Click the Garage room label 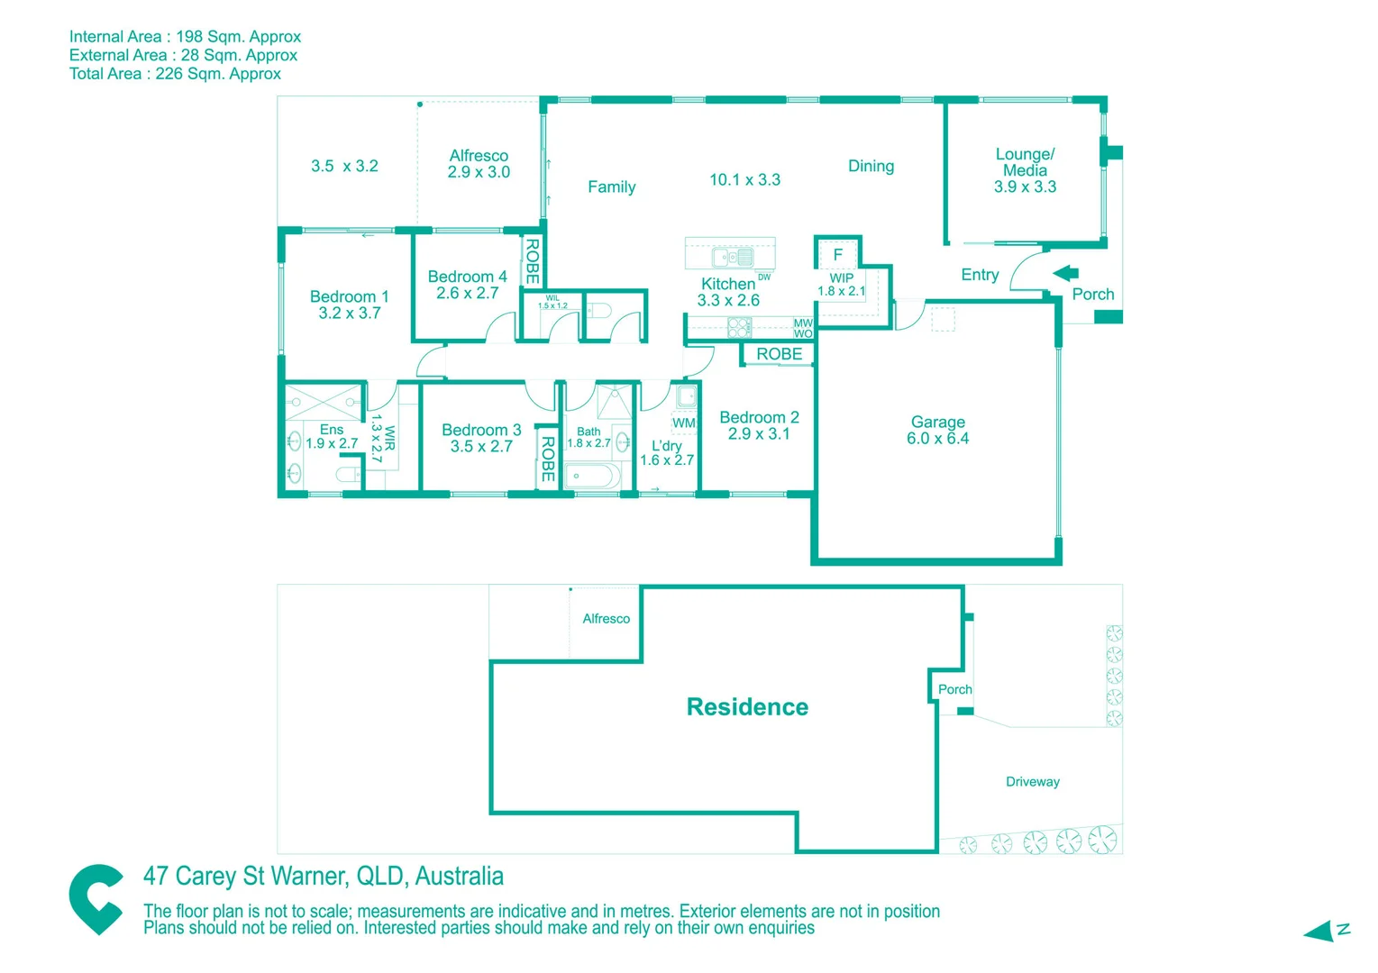(937, 430)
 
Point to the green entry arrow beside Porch (1066, 273)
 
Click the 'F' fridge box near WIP (838, 255)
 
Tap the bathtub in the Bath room (590, 476)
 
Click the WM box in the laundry (684, 423)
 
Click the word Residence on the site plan (747, 707)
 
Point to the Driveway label (1032, 782)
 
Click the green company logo (96, 898)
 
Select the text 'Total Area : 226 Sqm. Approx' (175, 74)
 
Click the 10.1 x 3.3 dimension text (744, 179)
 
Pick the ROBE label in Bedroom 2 (779, 354)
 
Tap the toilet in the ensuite (348, 475)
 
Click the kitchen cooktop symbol (740, 326)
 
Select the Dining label (871, 166)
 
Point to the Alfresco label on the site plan (606, 619)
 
